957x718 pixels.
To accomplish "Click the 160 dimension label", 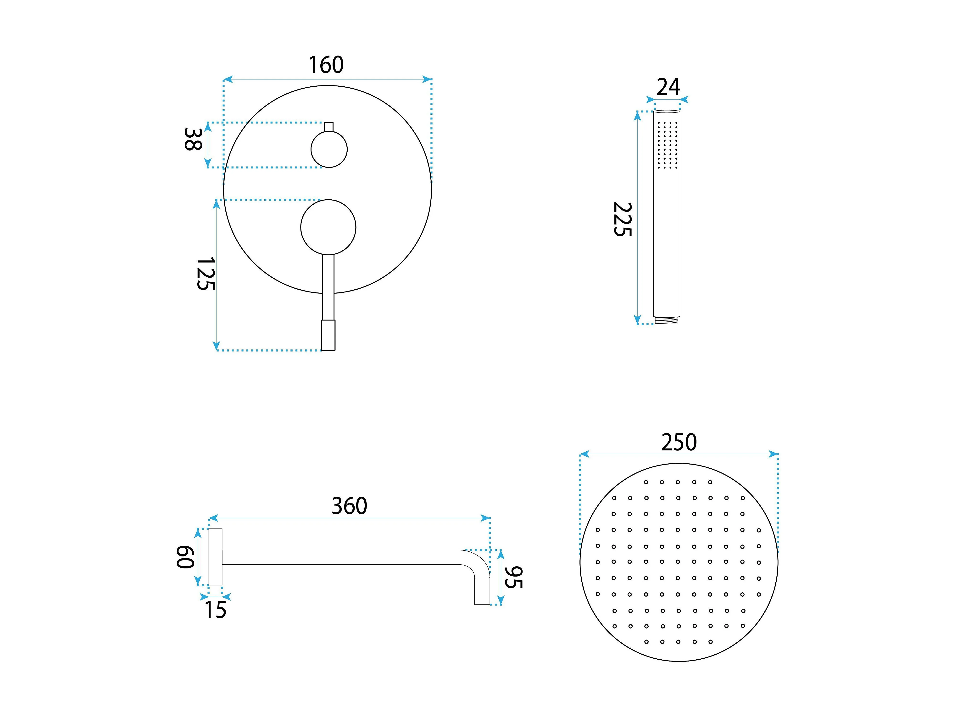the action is coord(326,65).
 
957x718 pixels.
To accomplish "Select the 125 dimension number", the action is coord(206,274).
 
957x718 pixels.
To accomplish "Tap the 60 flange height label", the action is coord(185,556).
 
